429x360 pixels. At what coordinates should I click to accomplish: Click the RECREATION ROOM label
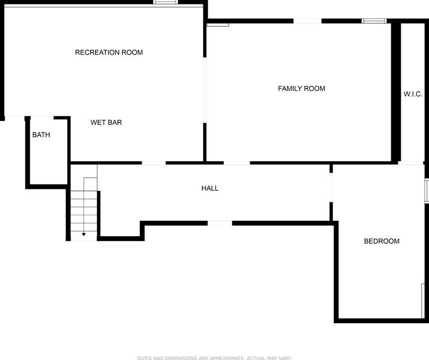[109, 53]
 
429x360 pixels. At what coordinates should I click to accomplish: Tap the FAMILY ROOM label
[301, 89]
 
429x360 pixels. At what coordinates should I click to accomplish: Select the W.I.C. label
[413, 94]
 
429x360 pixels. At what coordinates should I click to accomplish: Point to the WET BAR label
[106, 122]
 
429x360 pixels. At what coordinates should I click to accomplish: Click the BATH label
[41, 135]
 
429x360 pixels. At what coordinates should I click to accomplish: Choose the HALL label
[210, 188]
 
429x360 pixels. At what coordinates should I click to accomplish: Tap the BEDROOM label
[382, 241]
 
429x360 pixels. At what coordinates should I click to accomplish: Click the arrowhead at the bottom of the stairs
[84, 234]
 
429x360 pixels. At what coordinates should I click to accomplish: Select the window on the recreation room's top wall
[166, 2]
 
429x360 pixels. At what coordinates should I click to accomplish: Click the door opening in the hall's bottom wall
[220, 223]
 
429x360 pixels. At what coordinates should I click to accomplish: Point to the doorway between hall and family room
[237, 163]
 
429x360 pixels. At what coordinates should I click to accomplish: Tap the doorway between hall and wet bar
[154, 163]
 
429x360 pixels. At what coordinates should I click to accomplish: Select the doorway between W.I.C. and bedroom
[411, 163]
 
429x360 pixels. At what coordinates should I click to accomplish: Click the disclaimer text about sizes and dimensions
[214, 358]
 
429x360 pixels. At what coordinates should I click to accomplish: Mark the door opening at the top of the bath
[42, 117]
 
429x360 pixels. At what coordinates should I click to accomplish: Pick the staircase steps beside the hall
[84, 209]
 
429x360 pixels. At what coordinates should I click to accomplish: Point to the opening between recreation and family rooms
[204, 90]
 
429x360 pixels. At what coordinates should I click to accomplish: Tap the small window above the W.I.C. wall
[374, 21]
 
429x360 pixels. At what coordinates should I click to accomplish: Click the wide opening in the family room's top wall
[307, 21]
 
